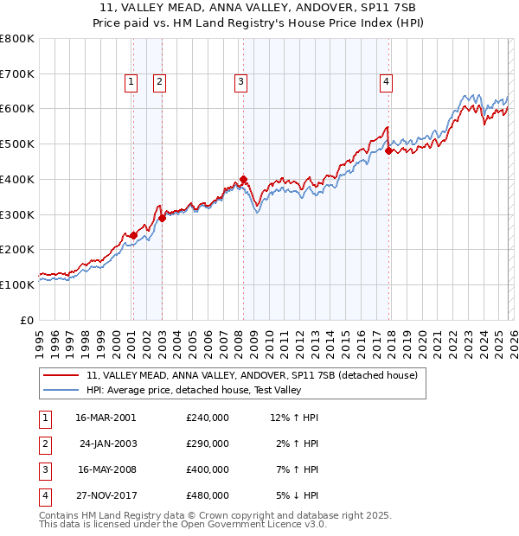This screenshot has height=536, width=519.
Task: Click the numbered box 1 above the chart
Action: (x=131, y=82)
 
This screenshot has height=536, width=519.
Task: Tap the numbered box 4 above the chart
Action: (x=386, y=82)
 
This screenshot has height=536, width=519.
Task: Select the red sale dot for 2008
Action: (x=243, y=180)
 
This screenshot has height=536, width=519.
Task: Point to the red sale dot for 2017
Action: (x=388, y=151)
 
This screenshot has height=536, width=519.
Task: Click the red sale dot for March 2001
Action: (x=133, y=235)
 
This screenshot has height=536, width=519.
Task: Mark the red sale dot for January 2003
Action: (x=162, y=218)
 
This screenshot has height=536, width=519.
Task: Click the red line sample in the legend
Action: (x=61, y=375)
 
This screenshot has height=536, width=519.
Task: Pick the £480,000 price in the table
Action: (x=207, y=496)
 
